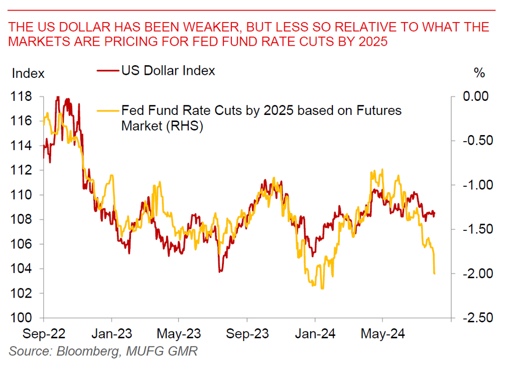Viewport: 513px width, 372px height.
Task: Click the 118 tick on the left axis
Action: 22,96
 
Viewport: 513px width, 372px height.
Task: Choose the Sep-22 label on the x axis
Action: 43,333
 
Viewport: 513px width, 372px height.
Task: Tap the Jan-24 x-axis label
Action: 315,333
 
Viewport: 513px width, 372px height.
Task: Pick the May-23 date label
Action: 179,333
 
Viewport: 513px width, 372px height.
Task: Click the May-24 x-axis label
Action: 383,333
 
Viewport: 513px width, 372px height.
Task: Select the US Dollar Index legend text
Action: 168,71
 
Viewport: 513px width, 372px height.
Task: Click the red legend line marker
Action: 107,71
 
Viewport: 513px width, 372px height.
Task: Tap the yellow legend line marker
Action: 107,110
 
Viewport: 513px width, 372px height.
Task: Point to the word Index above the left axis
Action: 28,73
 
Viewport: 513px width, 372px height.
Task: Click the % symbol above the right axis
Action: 479,73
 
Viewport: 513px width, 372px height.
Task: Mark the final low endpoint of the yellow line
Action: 434,274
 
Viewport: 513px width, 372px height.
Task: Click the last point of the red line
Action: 434,213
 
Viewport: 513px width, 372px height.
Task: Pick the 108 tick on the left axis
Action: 22,220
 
